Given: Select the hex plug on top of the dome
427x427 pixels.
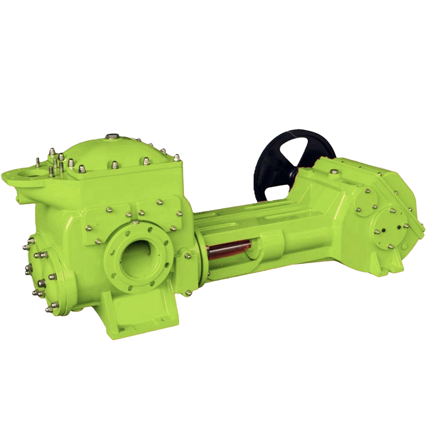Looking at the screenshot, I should point(111,137).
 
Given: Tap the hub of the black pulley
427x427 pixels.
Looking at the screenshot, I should point(295,164).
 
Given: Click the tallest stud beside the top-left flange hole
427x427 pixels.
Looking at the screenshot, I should point(37,162).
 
